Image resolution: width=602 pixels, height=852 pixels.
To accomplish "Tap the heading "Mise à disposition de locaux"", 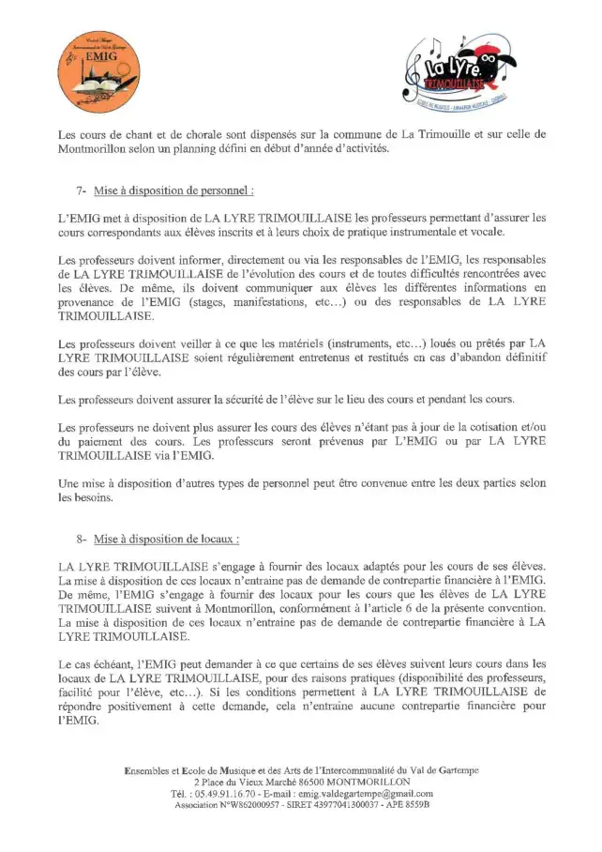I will point(166,540).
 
